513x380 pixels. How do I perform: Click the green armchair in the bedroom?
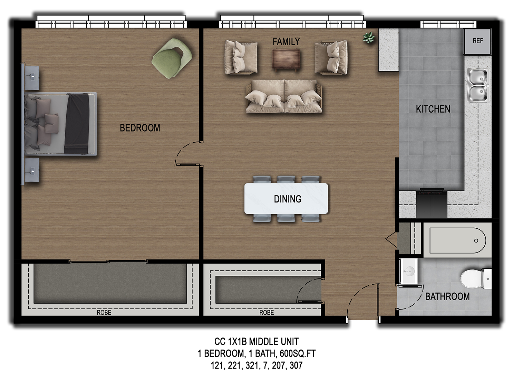point(172,58)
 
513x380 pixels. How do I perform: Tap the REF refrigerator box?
point(477,41)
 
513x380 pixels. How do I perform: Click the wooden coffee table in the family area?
point(286,59)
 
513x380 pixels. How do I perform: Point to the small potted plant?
point(368,38)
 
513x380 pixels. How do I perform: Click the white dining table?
point(286,199)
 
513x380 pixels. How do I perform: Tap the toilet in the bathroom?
point(476,279)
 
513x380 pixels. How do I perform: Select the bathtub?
point(457,240)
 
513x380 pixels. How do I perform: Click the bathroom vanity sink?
point(409,271)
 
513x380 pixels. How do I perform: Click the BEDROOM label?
point(140,128)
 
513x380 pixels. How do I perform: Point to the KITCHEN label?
point(433,109)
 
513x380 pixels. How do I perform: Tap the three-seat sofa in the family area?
point(284,96)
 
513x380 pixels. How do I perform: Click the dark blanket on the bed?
point(77,124)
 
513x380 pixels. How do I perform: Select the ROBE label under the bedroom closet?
point(104,313)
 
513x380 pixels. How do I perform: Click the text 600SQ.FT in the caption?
point(298,354)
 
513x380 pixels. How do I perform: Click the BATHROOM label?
point(447,296)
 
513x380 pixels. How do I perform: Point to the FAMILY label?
point(286,42)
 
